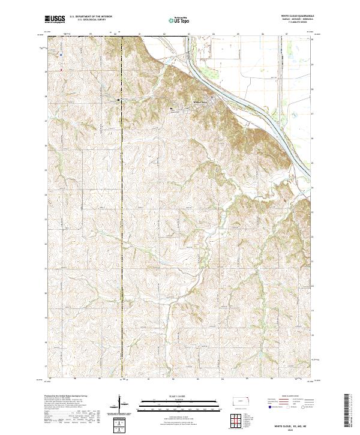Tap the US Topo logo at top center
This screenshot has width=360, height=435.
tap(176, 20)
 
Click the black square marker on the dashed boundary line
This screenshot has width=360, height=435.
tap(118, 99)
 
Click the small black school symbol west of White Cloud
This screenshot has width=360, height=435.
tap(172, 109)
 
